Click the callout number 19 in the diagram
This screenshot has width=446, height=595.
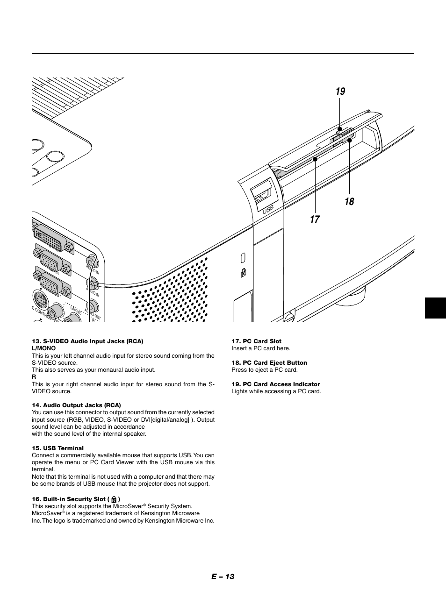click(340, 91)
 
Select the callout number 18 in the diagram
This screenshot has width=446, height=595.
click(349, 201)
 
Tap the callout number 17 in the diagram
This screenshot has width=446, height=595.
click(315, 219)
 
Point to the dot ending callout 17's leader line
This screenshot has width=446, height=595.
click(316, 159)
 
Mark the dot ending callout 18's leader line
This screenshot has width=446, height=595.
click(349, 140)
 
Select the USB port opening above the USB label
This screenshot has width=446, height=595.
click(261, 192)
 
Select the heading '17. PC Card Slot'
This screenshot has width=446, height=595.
click(256, 341)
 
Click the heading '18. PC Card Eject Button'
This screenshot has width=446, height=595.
click(269, 363)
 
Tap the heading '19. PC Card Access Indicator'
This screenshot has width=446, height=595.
click(276, 384)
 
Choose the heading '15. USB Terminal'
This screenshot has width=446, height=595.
click(58, 448)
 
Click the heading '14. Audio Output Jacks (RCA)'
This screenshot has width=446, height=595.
click(76, 405)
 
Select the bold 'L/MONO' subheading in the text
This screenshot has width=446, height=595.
click(43, 348)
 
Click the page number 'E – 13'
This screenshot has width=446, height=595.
click(222, 576)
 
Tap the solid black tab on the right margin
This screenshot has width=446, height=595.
click(435, 308)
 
